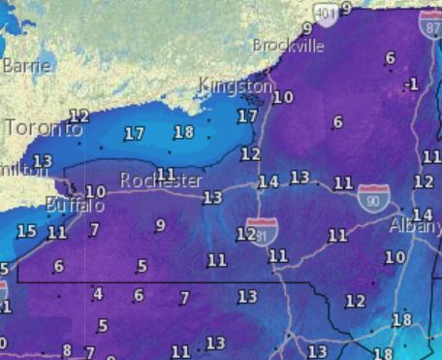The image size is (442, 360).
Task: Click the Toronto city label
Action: point(44,128)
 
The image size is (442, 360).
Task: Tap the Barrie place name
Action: point(26,66)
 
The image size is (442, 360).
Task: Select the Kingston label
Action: point(236,86)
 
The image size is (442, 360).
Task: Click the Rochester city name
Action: point(161,181)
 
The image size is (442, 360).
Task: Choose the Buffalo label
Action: point(76,206)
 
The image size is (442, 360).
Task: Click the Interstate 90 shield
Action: point(374,196)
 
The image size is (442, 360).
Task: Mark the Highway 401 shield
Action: point(328,11)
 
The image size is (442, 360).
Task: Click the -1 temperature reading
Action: point(412,84)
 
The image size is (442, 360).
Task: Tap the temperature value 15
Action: point(26,231)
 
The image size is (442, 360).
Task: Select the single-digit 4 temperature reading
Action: point(97,294)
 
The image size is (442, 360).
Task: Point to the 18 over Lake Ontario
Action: point(183,133)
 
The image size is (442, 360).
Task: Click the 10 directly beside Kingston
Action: point(283,97)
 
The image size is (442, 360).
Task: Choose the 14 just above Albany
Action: point(422,214)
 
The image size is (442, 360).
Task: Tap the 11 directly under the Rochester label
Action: point(166,175)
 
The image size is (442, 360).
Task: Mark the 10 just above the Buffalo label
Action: point(95,192)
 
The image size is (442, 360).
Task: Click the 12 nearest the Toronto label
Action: point(79,116)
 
